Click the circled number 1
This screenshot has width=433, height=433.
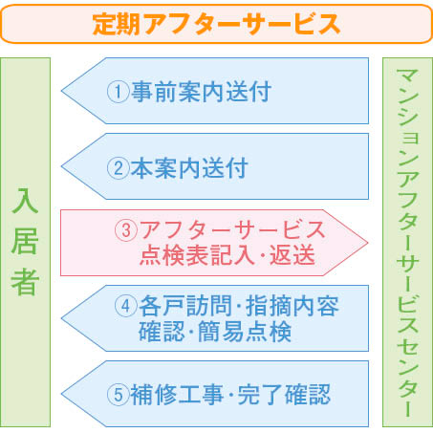point(118,92)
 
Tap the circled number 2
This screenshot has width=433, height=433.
point(118,168)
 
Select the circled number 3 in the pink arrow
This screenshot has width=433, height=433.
point(126,230)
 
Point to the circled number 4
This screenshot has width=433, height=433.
point(126,306)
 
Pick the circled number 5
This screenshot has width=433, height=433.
point(118,395)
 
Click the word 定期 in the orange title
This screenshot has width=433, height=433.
point(116,24)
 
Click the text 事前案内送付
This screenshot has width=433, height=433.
point(201,92)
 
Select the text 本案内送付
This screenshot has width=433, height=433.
point(189,168)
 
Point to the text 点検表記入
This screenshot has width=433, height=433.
point(197,255)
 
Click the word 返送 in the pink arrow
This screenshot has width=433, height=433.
point(292,255)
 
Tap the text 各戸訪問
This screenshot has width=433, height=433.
point(185,306)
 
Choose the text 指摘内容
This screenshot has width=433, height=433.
point(292,306)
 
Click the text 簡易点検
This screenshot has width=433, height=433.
point(245,332)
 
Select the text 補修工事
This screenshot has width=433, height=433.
point(177,395)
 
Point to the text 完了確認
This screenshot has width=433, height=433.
point(284,395)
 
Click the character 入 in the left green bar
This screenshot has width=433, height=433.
point(25,201)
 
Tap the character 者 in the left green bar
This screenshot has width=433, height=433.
point(25,281)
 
